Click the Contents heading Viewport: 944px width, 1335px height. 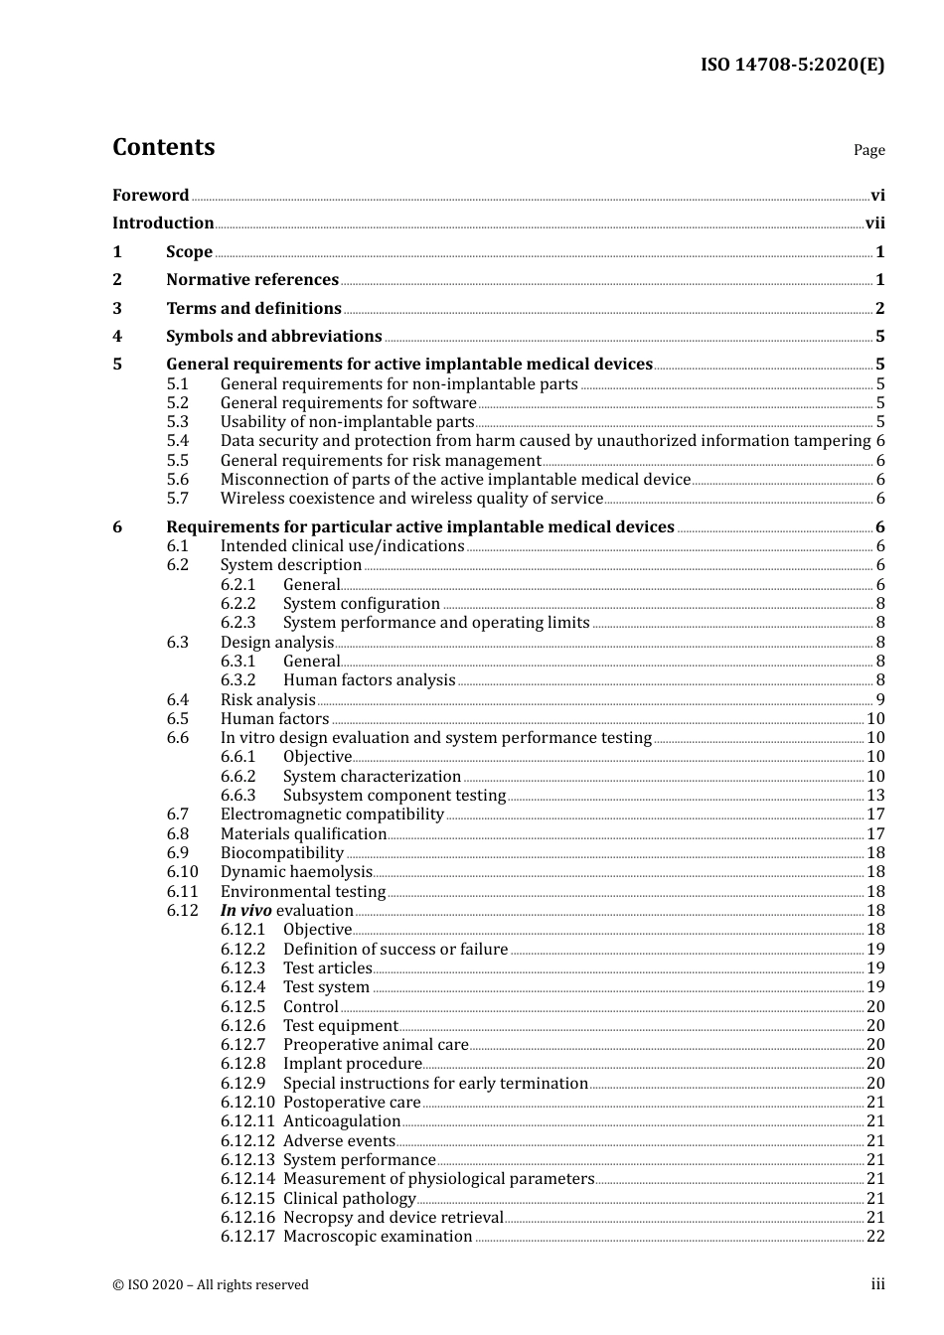[163, 147]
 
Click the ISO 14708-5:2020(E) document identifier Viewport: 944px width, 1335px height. [792, 66]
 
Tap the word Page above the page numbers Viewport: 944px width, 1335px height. [868, 150]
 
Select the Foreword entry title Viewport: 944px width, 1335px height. [150, 196]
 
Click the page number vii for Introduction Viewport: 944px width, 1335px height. [874, 223]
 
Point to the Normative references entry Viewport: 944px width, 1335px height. [252, 280]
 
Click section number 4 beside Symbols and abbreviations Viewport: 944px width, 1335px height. [117, 337]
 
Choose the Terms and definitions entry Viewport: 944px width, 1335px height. [253, 309]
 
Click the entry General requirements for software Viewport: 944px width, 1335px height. [348, 403]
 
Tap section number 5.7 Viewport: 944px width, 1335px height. [177, 499]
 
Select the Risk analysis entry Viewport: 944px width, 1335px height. [267, 700]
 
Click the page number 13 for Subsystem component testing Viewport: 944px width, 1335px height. [875, 796]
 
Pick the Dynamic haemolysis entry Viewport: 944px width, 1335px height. [296, 872]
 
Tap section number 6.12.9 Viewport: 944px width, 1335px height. [243, 1084]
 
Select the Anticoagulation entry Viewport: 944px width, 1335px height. [341, 1121]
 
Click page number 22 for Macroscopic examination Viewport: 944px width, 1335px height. [875, 1237]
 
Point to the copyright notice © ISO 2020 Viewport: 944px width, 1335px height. [210, 1285]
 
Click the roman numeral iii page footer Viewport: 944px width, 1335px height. [877, 1284]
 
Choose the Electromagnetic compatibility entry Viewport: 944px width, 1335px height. [332, 815]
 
